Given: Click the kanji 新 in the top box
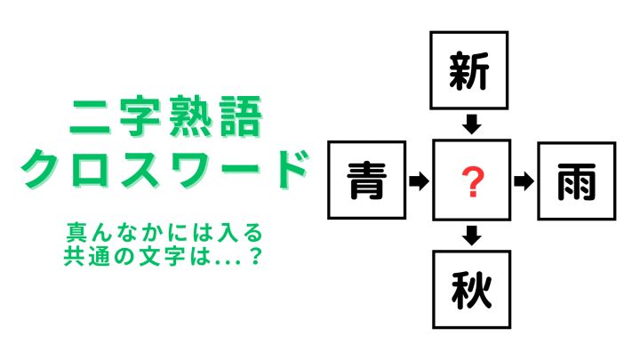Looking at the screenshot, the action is (x=469, y=71).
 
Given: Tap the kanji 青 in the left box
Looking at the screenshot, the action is (x=366, y=180).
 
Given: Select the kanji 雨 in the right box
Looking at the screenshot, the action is (x=577, y=181).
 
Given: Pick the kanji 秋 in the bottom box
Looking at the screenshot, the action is (x=471, y=290).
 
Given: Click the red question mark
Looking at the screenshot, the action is (x=472, y=182).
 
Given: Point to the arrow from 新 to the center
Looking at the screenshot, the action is (x=471, y=124).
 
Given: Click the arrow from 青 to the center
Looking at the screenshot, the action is (x=419, y=180).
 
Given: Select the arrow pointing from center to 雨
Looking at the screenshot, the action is (x=524, y=181).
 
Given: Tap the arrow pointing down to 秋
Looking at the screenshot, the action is (x=471, y=236).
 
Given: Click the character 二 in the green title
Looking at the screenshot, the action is (x=91, y=117).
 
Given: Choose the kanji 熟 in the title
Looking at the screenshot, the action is (x=191, y=117).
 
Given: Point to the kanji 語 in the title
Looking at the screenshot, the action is (x=241, y=117).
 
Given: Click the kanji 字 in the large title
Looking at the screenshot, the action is (x=140, y=117).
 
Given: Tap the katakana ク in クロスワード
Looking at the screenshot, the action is (x=40, y=170).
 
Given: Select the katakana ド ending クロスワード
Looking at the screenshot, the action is (x=288, y=170).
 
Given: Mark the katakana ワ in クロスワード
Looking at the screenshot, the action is (x=188, y=170).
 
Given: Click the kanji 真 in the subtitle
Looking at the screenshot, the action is (x=76, y=233).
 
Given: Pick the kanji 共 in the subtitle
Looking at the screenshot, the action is (x=74, y=256).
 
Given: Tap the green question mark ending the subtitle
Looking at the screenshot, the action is (x=255, y=256).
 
